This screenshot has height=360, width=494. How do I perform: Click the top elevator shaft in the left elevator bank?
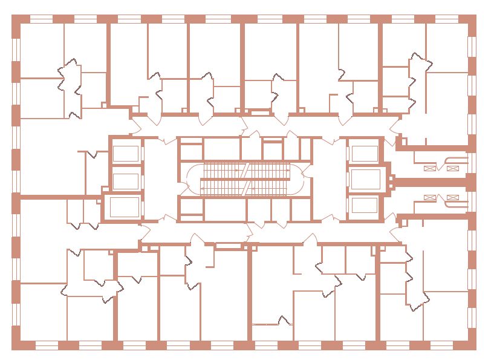[126, 154]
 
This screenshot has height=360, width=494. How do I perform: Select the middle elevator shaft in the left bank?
[126, 181]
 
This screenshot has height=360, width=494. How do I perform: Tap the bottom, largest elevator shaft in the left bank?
[125, 207]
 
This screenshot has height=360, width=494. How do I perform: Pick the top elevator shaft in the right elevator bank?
[364, 154]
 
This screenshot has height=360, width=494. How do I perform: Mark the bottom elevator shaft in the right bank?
[365, 206]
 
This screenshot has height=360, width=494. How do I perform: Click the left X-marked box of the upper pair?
[431, 169]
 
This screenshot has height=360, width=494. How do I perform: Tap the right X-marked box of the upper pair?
[452, 169]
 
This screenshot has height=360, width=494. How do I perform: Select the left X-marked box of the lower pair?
[431, 197]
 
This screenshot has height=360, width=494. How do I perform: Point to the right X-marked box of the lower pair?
[452, 197]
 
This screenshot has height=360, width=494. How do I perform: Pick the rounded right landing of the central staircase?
[296, 180]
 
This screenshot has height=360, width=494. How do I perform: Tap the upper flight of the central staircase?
[245, 171]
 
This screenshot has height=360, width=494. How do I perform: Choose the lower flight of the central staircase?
[245, 189]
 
